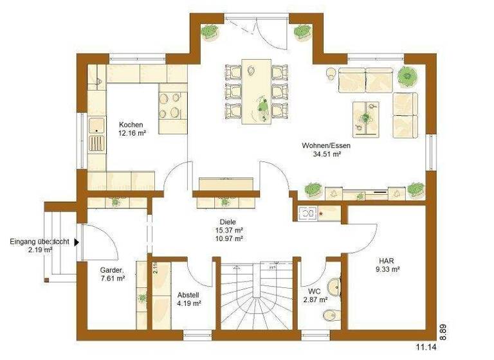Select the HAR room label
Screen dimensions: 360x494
[386, 260]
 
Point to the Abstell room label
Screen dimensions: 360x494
[188, 296]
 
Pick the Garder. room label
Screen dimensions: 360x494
[112, 270]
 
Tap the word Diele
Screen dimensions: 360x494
[228, 222]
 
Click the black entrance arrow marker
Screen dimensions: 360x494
[77, 242]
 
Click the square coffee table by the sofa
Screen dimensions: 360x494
[365, 118]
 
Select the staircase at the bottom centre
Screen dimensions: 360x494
[257, 296]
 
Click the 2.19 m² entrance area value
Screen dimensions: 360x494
[40, 250]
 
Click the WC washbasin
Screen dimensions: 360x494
[333, 287]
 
